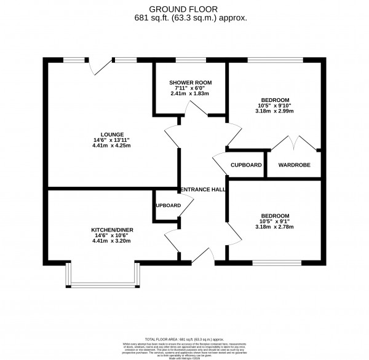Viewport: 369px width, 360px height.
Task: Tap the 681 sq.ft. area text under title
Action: coord(191,18)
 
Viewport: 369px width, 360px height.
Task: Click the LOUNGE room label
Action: coord(113,135)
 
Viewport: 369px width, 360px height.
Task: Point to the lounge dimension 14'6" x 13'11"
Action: coord(113,140)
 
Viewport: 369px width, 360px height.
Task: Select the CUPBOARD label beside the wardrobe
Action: coord(246,165)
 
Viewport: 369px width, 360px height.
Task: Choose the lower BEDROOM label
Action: coord(275,216)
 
